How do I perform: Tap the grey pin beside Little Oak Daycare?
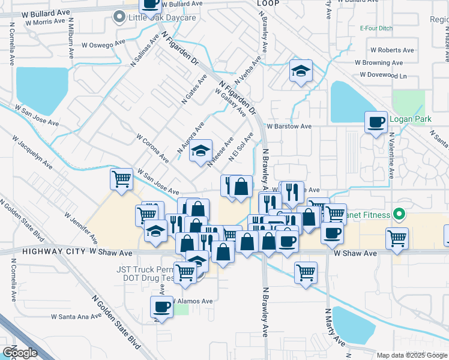point(119,18)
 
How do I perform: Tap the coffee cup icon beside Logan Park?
point(376,122)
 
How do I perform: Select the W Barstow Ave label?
point(289,127)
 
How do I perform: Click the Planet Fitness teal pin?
point(397,215)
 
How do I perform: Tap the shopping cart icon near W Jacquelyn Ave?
point(121,178)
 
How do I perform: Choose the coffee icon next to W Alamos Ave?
point(161,307)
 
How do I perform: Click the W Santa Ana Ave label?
point(76,316)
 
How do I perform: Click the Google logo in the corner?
point(20,353)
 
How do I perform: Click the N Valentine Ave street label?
point(391,156)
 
